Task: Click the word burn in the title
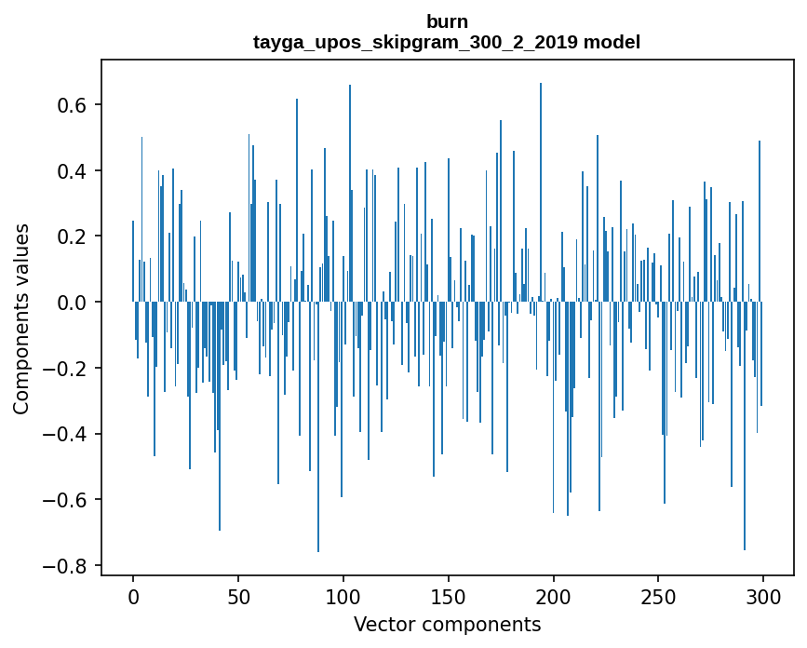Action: pyautogui.click(x=447, y=21)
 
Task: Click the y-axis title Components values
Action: pyautogui.click(x=21, y=318)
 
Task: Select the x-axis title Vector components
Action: pyautogui.click(x=447, y=625)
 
